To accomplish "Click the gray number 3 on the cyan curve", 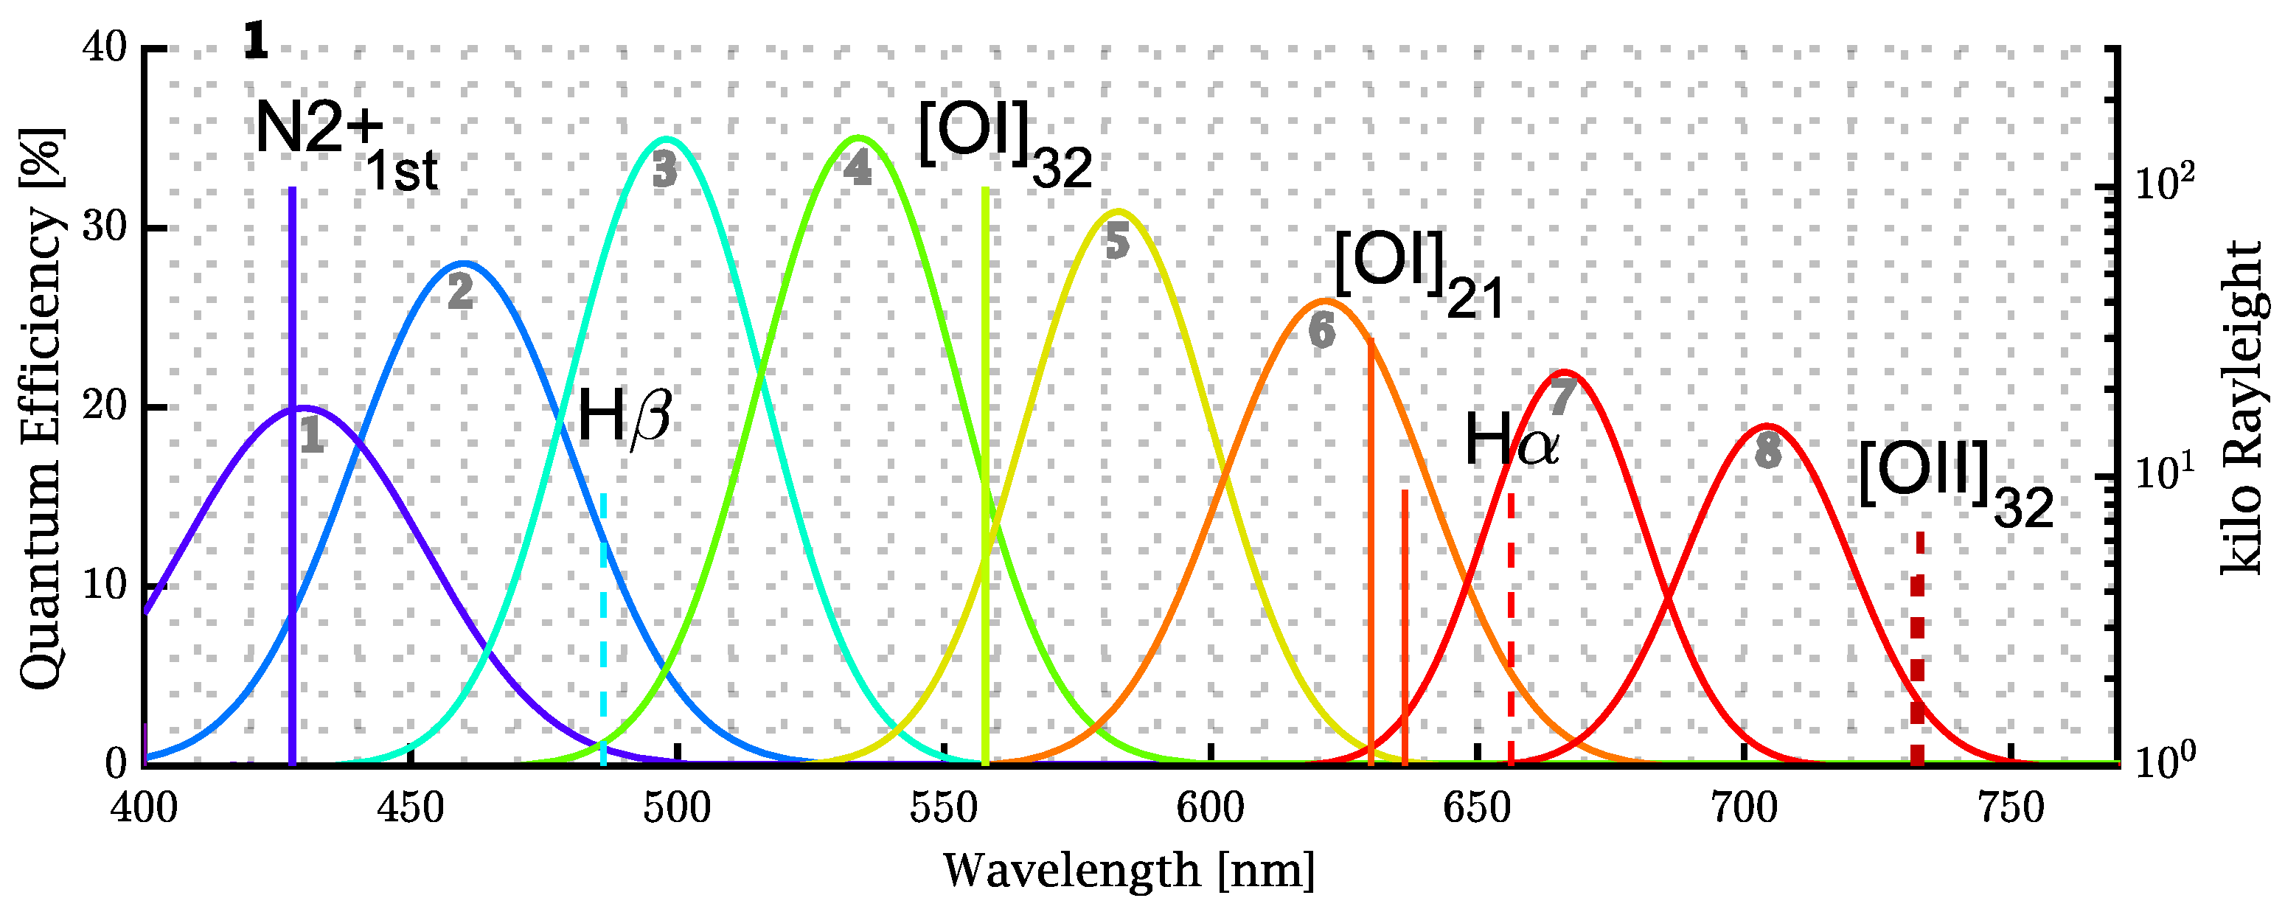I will click(664, 170).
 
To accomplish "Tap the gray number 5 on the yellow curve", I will click(1117, 241).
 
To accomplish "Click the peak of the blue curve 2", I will click(462, 263).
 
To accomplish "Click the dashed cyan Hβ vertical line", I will click(603, 621).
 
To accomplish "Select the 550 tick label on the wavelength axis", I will click(944, 809).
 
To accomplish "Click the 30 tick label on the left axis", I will click(105, 228).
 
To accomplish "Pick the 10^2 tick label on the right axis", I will click(2164, 184).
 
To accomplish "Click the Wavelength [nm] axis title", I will click(1128, 871).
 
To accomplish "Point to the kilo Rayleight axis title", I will click(2244, 408).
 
